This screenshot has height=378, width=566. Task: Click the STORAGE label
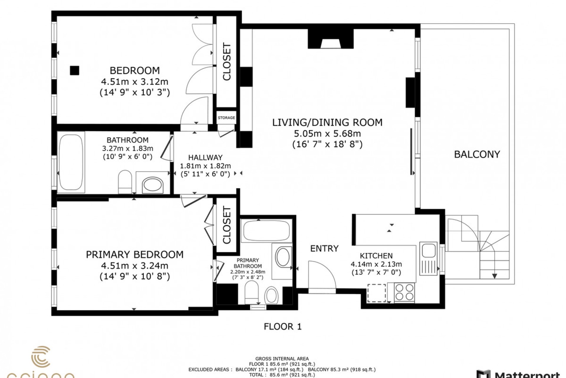tap(226, 118)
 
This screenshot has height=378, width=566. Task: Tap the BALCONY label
tap(477, 154)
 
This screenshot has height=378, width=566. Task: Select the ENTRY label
tap(324, 248)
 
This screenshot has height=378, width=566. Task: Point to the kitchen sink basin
tap(429, 251)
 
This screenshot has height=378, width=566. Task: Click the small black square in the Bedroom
tap(75, 70)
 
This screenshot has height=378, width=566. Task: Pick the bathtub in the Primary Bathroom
tap(266, 231)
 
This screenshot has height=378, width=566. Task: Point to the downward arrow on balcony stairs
tap(494, 276)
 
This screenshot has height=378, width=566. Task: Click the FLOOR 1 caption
tap(282, 326)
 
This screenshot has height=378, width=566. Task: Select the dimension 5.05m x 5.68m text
tap(327, 133)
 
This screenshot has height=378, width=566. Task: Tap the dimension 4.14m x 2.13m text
tap(376, 264)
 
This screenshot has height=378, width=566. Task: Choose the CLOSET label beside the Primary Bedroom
tap(227, 225)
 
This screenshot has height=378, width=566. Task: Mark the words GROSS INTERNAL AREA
tap(282, 359)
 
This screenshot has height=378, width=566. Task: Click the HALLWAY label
tap(205, 157)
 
